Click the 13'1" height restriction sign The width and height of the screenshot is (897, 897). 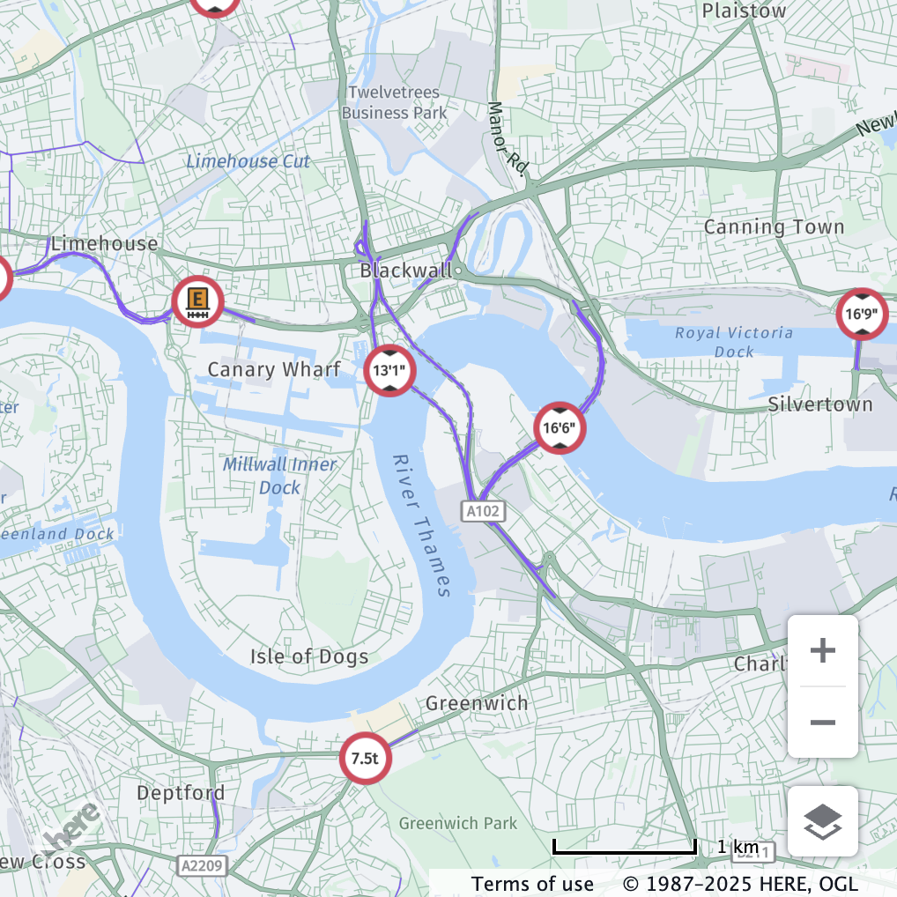[389, 371]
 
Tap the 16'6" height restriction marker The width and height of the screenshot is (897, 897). [560, 429]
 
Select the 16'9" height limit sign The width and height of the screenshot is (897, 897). [862, 314]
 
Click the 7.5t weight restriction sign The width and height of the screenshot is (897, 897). [366, 758]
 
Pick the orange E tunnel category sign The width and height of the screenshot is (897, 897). [197, 301]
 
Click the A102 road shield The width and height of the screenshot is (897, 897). [483, 511]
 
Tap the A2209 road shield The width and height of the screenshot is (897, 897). [202, 865]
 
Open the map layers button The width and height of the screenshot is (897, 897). [822, 821]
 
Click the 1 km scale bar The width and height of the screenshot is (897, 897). [625, 848]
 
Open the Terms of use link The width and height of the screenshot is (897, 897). [532, 883]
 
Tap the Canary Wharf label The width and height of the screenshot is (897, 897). [273, 369]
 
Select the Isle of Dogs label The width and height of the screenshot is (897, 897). [308, 656]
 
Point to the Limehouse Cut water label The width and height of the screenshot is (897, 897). [248, 161]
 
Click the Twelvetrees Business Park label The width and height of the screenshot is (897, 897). [394, 102]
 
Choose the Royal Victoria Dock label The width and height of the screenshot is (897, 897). [734, 342]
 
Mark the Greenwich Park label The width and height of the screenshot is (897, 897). [458, 823]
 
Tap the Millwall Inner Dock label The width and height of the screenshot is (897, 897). [279, 476]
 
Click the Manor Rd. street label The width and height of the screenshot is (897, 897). [506, 137]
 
